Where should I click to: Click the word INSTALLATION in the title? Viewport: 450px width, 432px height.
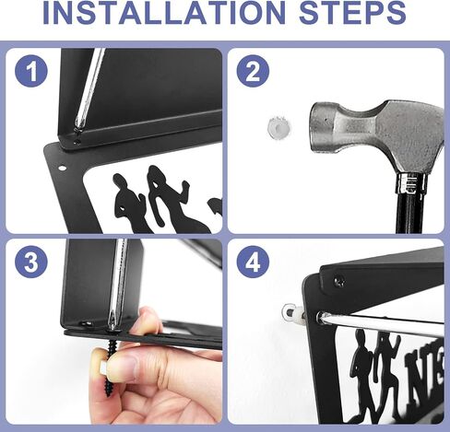click(164, 13)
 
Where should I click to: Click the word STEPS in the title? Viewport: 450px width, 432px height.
click(352, 13)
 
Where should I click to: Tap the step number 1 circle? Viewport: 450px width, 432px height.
click(31, 71)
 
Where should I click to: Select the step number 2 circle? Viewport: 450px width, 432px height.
click(253, 71)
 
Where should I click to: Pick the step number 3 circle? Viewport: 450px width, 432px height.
click(31, 262)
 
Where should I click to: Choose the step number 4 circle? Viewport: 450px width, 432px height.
click(253, 262)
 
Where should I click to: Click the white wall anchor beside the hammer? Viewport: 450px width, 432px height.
click(278, 126)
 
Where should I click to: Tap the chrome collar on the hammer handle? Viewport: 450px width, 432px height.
click(410, 183)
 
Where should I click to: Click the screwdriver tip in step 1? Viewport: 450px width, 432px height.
click(77, 132)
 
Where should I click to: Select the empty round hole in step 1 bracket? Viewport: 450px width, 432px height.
click(62, 168)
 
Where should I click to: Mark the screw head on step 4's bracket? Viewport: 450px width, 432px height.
click(339, 282)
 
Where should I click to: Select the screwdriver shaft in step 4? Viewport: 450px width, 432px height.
click(381, 320)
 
